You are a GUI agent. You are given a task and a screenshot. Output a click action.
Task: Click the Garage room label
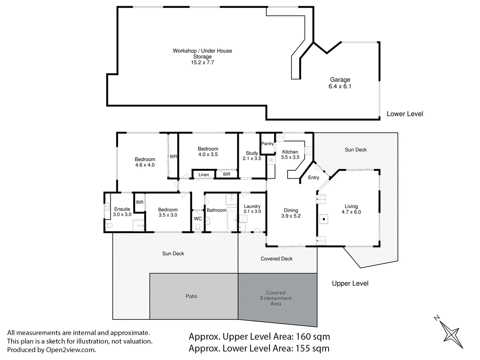pos(340,80)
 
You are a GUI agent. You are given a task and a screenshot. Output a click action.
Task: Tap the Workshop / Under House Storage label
pos(202,54)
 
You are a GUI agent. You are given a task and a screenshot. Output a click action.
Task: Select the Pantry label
pos(267,144)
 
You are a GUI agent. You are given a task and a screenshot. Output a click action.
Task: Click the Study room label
pos(252,153)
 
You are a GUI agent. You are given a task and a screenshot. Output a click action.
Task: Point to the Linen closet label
pos(204,175)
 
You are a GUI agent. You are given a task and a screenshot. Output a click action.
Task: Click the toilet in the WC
pos(198,227)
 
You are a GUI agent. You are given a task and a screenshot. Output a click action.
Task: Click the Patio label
pos(191,296)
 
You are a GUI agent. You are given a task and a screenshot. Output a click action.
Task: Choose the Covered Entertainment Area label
pos(276,298)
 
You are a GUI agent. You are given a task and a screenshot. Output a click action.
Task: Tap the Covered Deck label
pos(277,259)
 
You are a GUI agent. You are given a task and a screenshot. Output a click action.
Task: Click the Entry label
pos(313,178)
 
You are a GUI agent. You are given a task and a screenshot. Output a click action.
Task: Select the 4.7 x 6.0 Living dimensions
pos(351,212)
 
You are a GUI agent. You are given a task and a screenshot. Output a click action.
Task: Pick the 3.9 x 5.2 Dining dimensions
pos(291,216)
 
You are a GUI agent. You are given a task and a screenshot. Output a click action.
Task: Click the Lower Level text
pos(405,114)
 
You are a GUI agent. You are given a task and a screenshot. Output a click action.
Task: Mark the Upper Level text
pos(350,283)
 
